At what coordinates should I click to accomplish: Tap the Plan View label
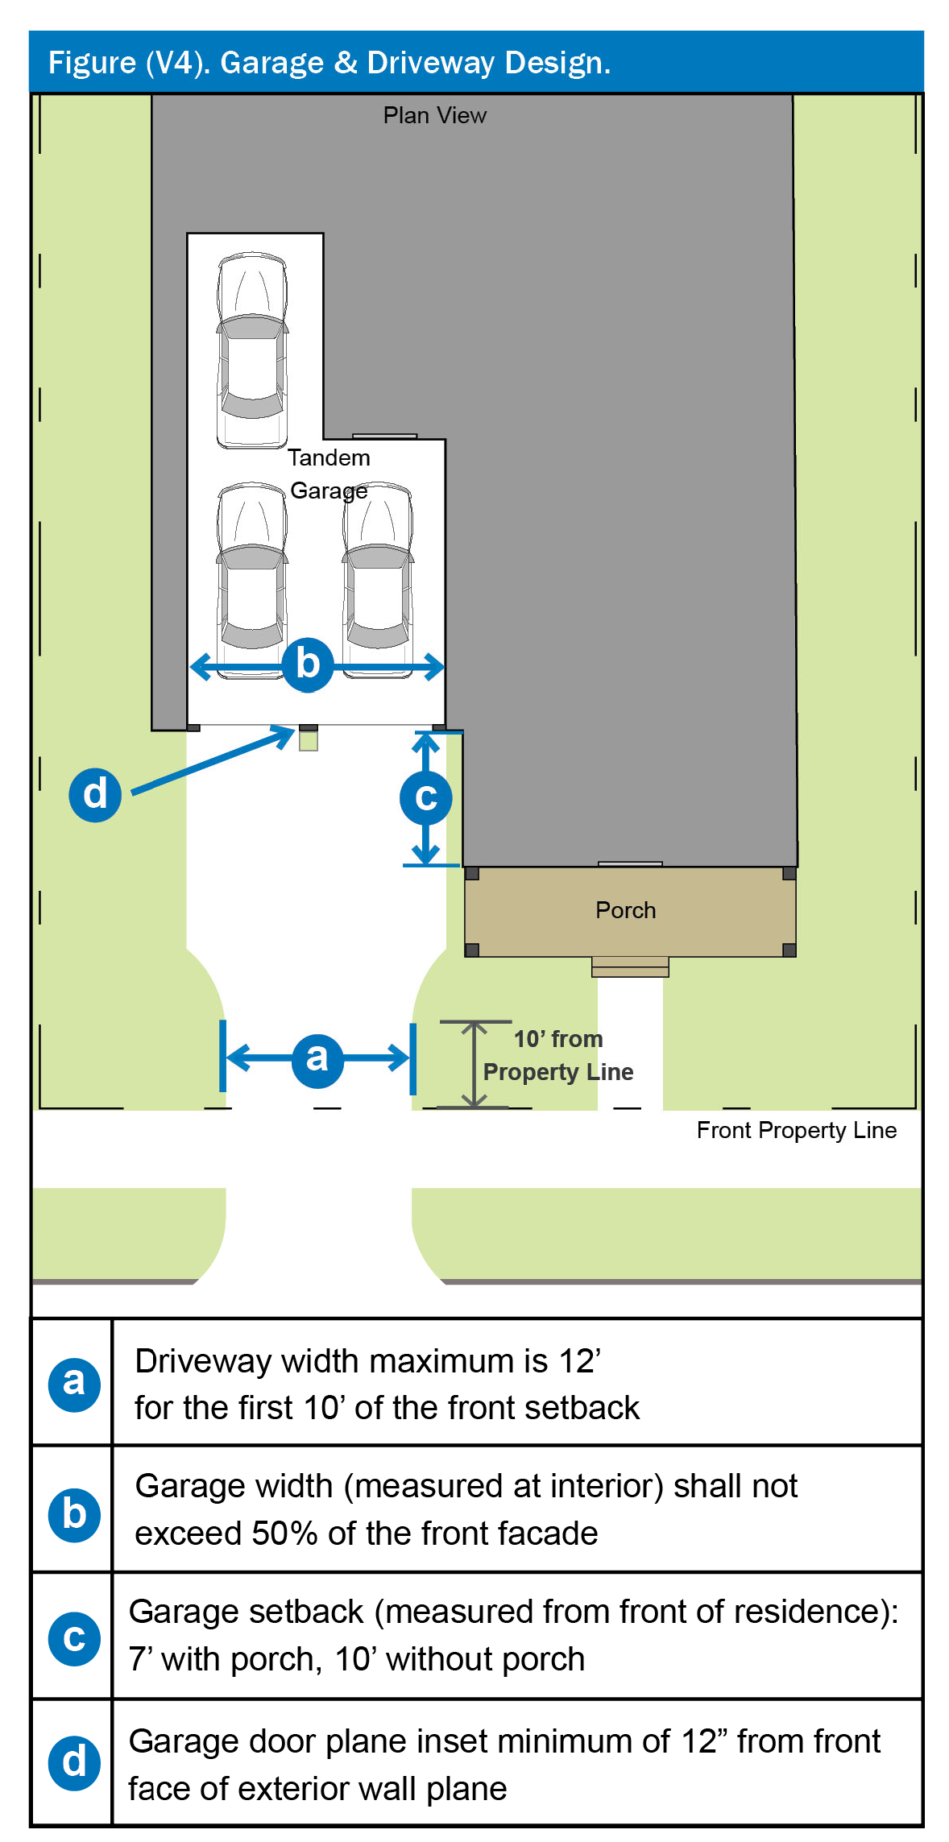[434, 116]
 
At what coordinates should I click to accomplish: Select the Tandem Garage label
[329, 474]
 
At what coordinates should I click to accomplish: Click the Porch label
[625, 910]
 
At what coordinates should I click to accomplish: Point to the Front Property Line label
[796, 1130]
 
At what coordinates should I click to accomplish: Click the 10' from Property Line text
[557, 1055]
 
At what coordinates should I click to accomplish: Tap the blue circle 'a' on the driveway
[317, 1058]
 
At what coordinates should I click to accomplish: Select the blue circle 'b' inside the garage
[308, 665]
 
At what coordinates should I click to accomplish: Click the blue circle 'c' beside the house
[425, 797]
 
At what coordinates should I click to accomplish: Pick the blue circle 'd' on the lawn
[95, 794]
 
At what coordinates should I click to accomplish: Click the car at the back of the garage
[252, 350]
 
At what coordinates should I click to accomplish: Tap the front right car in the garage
[378, 580]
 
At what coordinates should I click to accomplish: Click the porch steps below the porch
[630, 967]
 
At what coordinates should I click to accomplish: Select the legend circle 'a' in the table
[74, 1383]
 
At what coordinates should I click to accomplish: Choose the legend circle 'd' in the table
[74, 1762]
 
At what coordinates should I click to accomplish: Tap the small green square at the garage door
[309, 741]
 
